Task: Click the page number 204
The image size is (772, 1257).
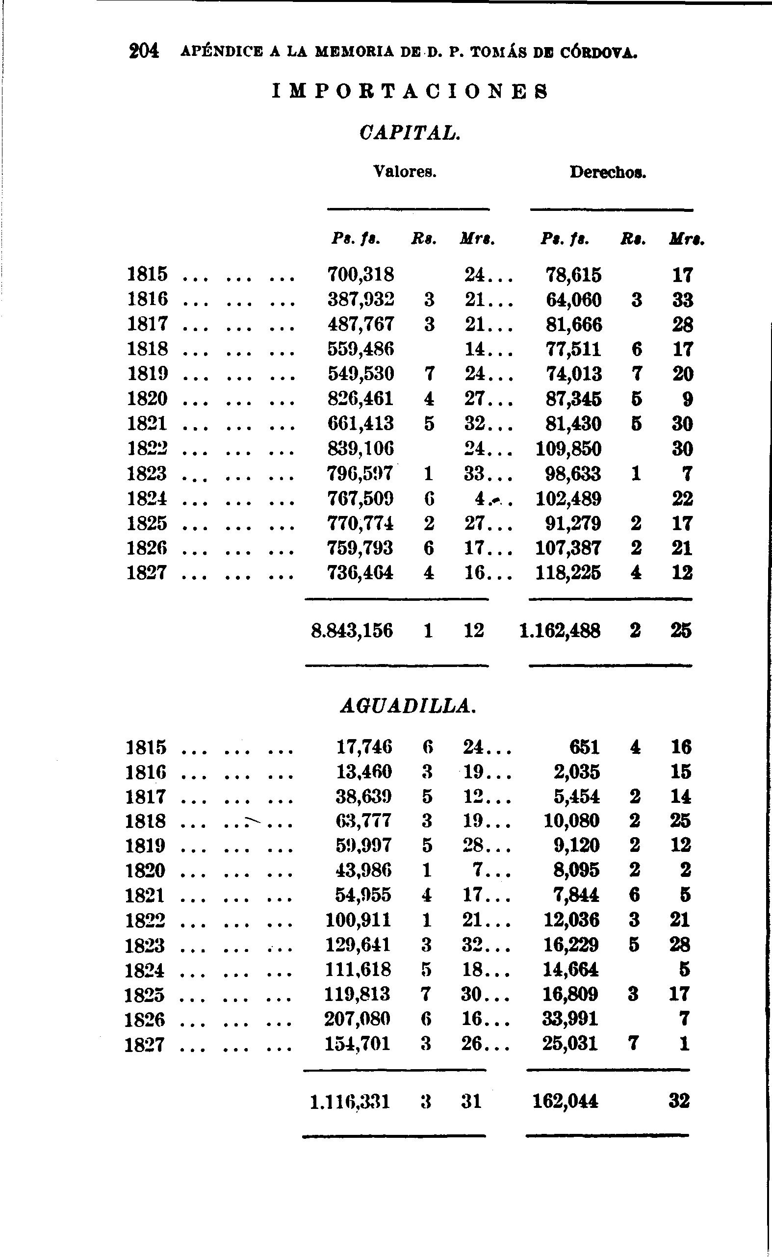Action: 144,51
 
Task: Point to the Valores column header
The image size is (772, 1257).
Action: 405,172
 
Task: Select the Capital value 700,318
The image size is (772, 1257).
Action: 360,275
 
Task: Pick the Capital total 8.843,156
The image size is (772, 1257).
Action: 352,631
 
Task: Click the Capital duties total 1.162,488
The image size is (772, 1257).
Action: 560,632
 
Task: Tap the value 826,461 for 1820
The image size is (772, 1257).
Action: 360,399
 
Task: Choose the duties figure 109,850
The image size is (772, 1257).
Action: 568,449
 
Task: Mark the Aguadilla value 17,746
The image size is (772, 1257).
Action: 364,747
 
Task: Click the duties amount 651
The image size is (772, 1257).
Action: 585,747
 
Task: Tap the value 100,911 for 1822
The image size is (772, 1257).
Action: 359,920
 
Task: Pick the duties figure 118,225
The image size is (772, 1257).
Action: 568,573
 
